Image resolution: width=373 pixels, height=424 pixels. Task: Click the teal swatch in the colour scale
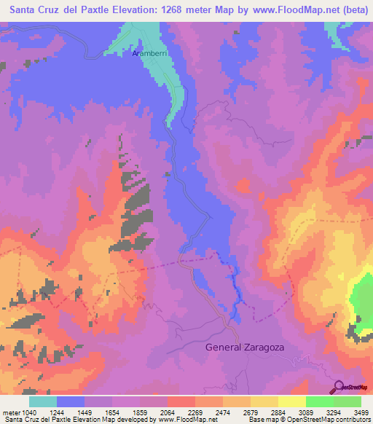coord(43,401)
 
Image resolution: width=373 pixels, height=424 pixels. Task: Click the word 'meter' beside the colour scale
coord(9,412)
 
